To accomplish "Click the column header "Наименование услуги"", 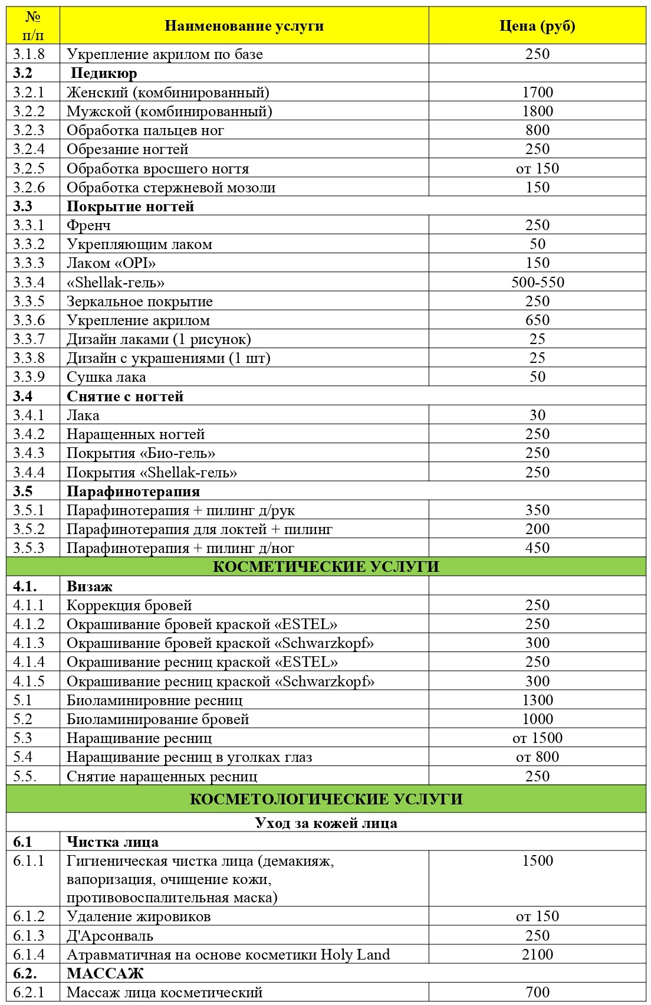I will [x=244, y=26].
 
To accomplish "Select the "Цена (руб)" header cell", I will [x=537, y=26].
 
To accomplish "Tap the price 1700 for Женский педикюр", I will [x=537, y=92].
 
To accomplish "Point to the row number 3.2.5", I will [x=29, y=168].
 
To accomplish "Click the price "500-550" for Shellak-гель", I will [x=537, y=282].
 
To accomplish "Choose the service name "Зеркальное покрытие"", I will [x=140, y=302].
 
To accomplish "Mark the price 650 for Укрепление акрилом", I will [x=537, y=320].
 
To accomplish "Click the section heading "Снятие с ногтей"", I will [x=125, y=397].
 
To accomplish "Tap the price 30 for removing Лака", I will [x=537, y=415].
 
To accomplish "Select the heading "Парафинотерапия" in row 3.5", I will [x=133, y=492].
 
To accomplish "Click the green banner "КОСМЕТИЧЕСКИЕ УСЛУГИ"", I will [x=325, y=567].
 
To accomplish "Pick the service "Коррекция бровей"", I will [x=129, y=605].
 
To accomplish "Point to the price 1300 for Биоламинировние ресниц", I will [x=537, y=700].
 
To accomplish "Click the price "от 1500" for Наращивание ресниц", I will [x=537, y=738].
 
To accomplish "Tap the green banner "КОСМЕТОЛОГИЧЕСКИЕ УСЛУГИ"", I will [x=325, y=799].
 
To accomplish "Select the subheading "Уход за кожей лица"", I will [x=325, y=823].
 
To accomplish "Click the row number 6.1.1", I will [x=29, y=861].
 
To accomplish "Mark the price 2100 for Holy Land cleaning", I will [x=537, y=955].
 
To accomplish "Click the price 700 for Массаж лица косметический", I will [x=537, y=993].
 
